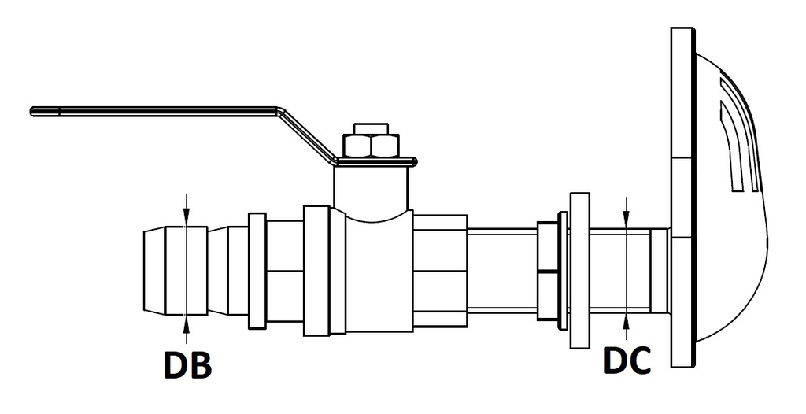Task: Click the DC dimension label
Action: tap(627, 360)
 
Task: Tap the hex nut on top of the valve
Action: tap(372, 144)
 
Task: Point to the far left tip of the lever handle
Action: tap(32, 111)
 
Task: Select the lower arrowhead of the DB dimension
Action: tap(186, 316)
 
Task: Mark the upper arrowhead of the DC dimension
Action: tap(626, 221)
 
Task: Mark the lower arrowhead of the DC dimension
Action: tap(626, 316)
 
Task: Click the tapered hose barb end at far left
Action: tap(162, 268)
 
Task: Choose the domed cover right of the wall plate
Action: tap(732, 197)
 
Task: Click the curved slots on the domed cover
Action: tap(737, 142)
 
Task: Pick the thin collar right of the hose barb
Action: tap(257, 270)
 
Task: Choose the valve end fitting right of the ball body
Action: tap(440, 270)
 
